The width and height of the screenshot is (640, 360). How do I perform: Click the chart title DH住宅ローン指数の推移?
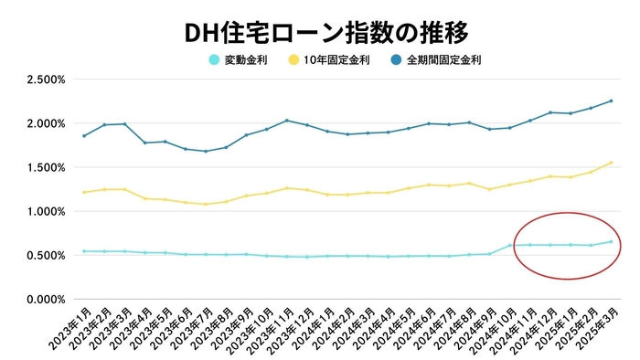pos(320,33)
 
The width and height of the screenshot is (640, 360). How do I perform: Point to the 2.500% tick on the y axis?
pos(46,79)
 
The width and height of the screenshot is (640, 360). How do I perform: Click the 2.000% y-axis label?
pos(46,123)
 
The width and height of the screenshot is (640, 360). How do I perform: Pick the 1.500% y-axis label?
pos(46,167)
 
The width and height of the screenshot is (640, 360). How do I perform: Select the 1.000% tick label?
pos(46,211)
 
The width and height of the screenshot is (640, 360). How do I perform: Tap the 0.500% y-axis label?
pos(46,255)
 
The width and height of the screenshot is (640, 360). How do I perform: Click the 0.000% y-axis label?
pos(46,299)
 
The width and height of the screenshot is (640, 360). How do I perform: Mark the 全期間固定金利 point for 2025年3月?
pos(611,101)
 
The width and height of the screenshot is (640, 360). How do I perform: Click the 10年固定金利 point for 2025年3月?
pos(611,163)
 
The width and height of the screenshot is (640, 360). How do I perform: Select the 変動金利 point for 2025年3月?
pos(611,241)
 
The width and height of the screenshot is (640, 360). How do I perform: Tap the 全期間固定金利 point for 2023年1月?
pos(85,136)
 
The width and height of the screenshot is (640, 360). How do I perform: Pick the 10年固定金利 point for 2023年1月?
pos(85,192)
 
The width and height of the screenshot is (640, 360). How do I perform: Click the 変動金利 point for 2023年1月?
pos(85,251)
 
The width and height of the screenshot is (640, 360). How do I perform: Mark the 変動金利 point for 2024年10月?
pos(510,245)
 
